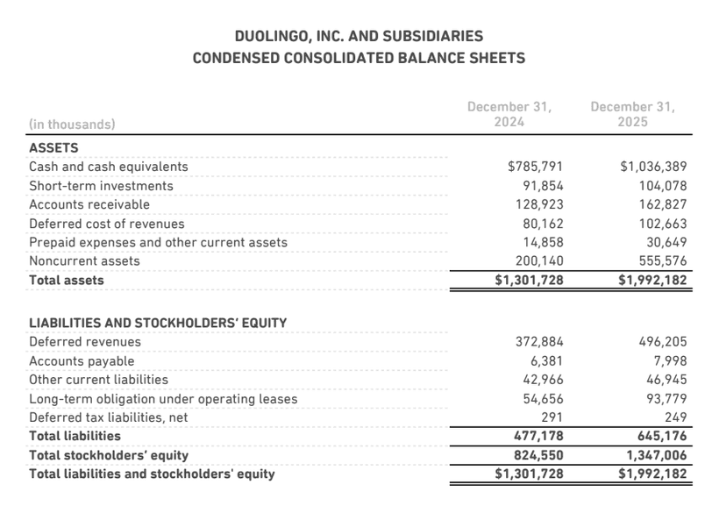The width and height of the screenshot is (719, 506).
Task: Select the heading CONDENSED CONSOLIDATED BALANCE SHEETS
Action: [359, 59]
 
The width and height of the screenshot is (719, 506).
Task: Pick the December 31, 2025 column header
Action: [632, 114]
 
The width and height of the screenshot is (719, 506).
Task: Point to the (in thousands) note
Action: [72, 125]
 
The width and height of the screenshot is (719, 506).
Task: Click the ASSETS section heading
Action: [53, 148]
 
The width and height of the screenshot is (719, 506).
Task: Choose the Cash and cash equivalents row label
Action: [108, 167]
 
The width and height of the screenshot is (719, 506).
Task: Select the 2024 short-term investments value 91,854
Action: [542, 186]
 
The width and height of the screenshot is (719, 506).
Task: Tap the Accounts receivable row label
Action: [89, 204]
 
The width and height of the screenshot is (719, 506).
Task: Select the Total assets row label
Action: [67, 281]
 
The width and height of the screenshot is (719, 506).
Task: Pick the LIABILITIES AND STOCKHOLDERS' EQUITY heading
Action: [158, 323]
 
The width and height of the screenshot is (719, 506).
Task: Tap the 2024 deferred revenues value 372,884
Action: [537, 342]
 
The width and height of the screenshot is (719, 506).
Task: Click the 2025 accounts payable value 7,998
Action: [667, 361]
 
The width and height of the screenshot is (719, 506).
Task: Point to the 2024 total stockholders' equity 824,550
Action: [537, 455]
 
